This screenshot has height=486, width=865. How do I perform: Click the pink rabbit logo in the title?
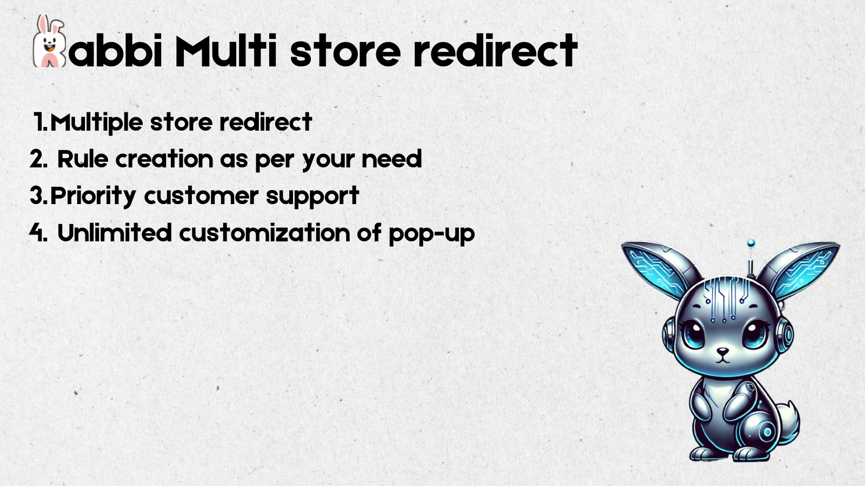49,42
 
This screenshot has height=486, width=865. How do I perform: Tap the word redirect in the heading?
495,51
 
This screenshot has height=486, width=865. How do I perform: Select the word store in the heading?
345,52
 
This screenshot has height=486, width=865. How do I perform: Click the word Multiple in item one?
97,123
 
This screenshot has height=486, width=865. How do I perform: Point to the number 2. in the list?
38,159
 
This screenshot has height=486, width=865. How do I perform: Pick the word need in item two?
391,159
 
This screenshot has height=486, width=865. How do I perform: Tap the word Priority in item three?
93,197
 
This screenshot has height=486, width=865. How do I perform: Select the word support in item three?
313,197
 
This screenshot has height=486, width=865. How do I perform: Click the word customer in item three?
201,196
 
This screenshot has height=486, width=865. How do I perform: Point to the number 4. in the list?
38,233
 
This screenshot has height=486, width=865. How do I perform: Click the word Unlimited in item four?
114,233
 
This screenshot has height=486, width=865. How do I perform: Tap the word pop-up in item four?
432,234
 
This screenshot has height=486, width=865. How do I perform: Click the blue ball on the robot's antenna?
751,243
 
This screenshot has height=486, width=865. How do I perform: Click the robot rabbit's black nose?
722,352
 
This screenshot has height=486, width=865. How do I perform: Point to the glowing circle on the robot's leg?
767,432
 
